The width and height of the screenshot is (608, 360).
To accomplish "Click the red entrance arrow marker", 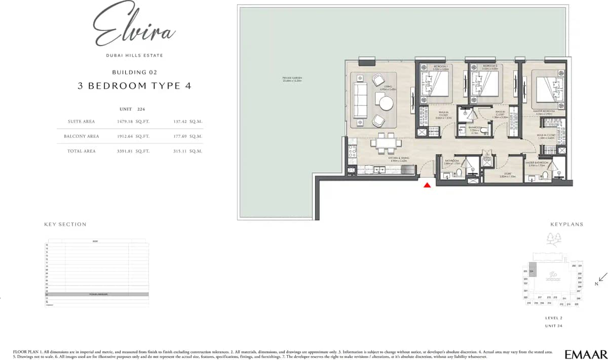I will pyautogui.click(x=427, y=186).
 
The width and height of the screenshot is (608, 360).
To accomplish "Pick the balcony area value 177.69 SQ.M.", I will pyautogui.click(x=187, y=136).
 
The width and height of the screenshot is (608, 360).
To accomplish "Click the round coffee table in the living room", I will pyautogui.click(x=386, y=103).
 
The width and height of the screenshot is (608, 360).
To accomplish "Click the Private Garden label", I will pyautogui.click(x=292, y=79).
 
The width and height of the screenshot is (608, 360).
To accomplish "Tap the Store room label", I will pyautogui.click(x=507, y=174).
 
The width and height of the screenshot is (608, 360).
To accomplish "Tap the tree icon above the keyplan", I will pyautogui.click(x=553, y=238).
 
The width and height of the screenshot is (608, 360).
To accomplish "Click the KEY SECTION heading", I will pyautogui.click(x=65, y=224).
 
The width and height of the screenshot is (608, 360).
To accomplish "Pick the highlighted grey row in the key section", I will pyautogui.click(x=97, y=294).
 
